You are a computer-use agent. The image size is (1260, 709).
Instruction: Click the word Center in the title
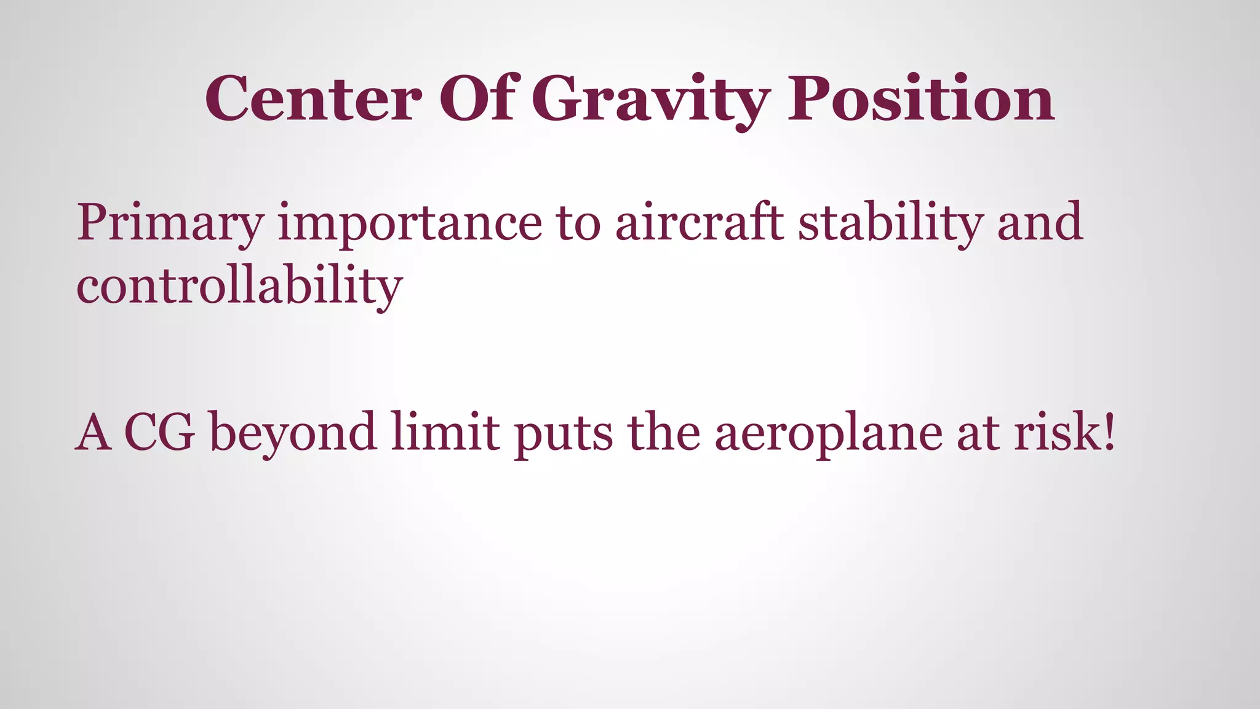tap(313, 98)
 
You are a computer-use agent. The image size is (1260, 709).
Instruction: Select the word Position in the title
tap(921, 98)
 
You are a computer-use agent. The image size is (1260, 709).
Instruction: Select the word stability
tap(890, 223)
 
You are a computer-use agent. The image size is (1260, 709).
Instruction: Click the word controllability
tap(239, 287)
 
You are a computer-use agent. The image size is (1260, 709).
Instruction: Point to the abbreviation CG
tap(159, 432)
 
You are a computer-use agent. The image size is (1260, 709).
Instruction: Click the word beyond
tap(293, 433)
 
